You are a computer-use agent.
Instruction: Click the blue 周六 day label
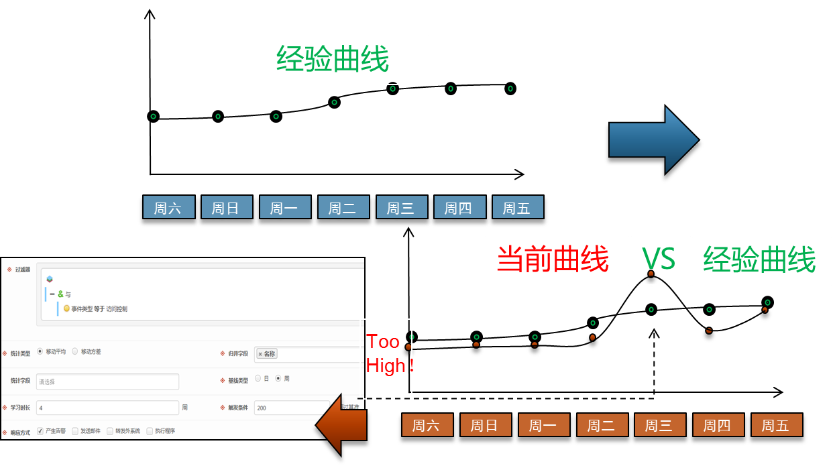[168, 207]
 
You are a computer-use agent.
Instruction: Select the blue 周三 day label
[401, 207]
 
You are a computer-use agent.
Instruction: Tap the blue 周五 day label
[517, 207]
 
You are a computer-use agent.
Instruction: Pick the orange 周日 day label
[486, 425]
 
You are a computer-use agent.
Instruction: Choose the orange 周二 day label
[602, 425]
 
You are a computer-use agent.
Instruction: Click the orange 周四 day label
[718, 425]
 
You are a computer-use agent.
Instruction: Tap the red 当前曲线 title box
[557, 260]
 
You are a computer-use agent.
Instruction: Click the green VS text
[660, 259]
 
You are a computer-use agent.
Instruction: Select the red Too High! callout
[388, 354]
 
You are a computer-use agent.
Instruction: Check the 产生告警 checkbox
[40, 431]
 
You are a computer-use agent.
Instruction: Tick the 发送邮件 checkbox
[75, 431]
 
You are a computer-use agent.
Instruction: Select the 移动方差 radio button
[75, 351]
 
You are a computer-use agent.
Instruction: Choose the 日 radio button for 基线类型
[258, 379]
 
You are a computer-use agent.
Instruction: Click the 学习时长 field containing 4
[107, 408]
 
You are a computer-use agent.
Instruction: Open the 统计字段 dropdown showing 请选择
[107, 382]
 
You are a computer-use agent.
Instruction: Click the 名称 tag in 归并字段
[267, 354]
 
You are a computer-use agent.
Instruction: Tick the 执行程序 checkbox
[150, 431]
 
